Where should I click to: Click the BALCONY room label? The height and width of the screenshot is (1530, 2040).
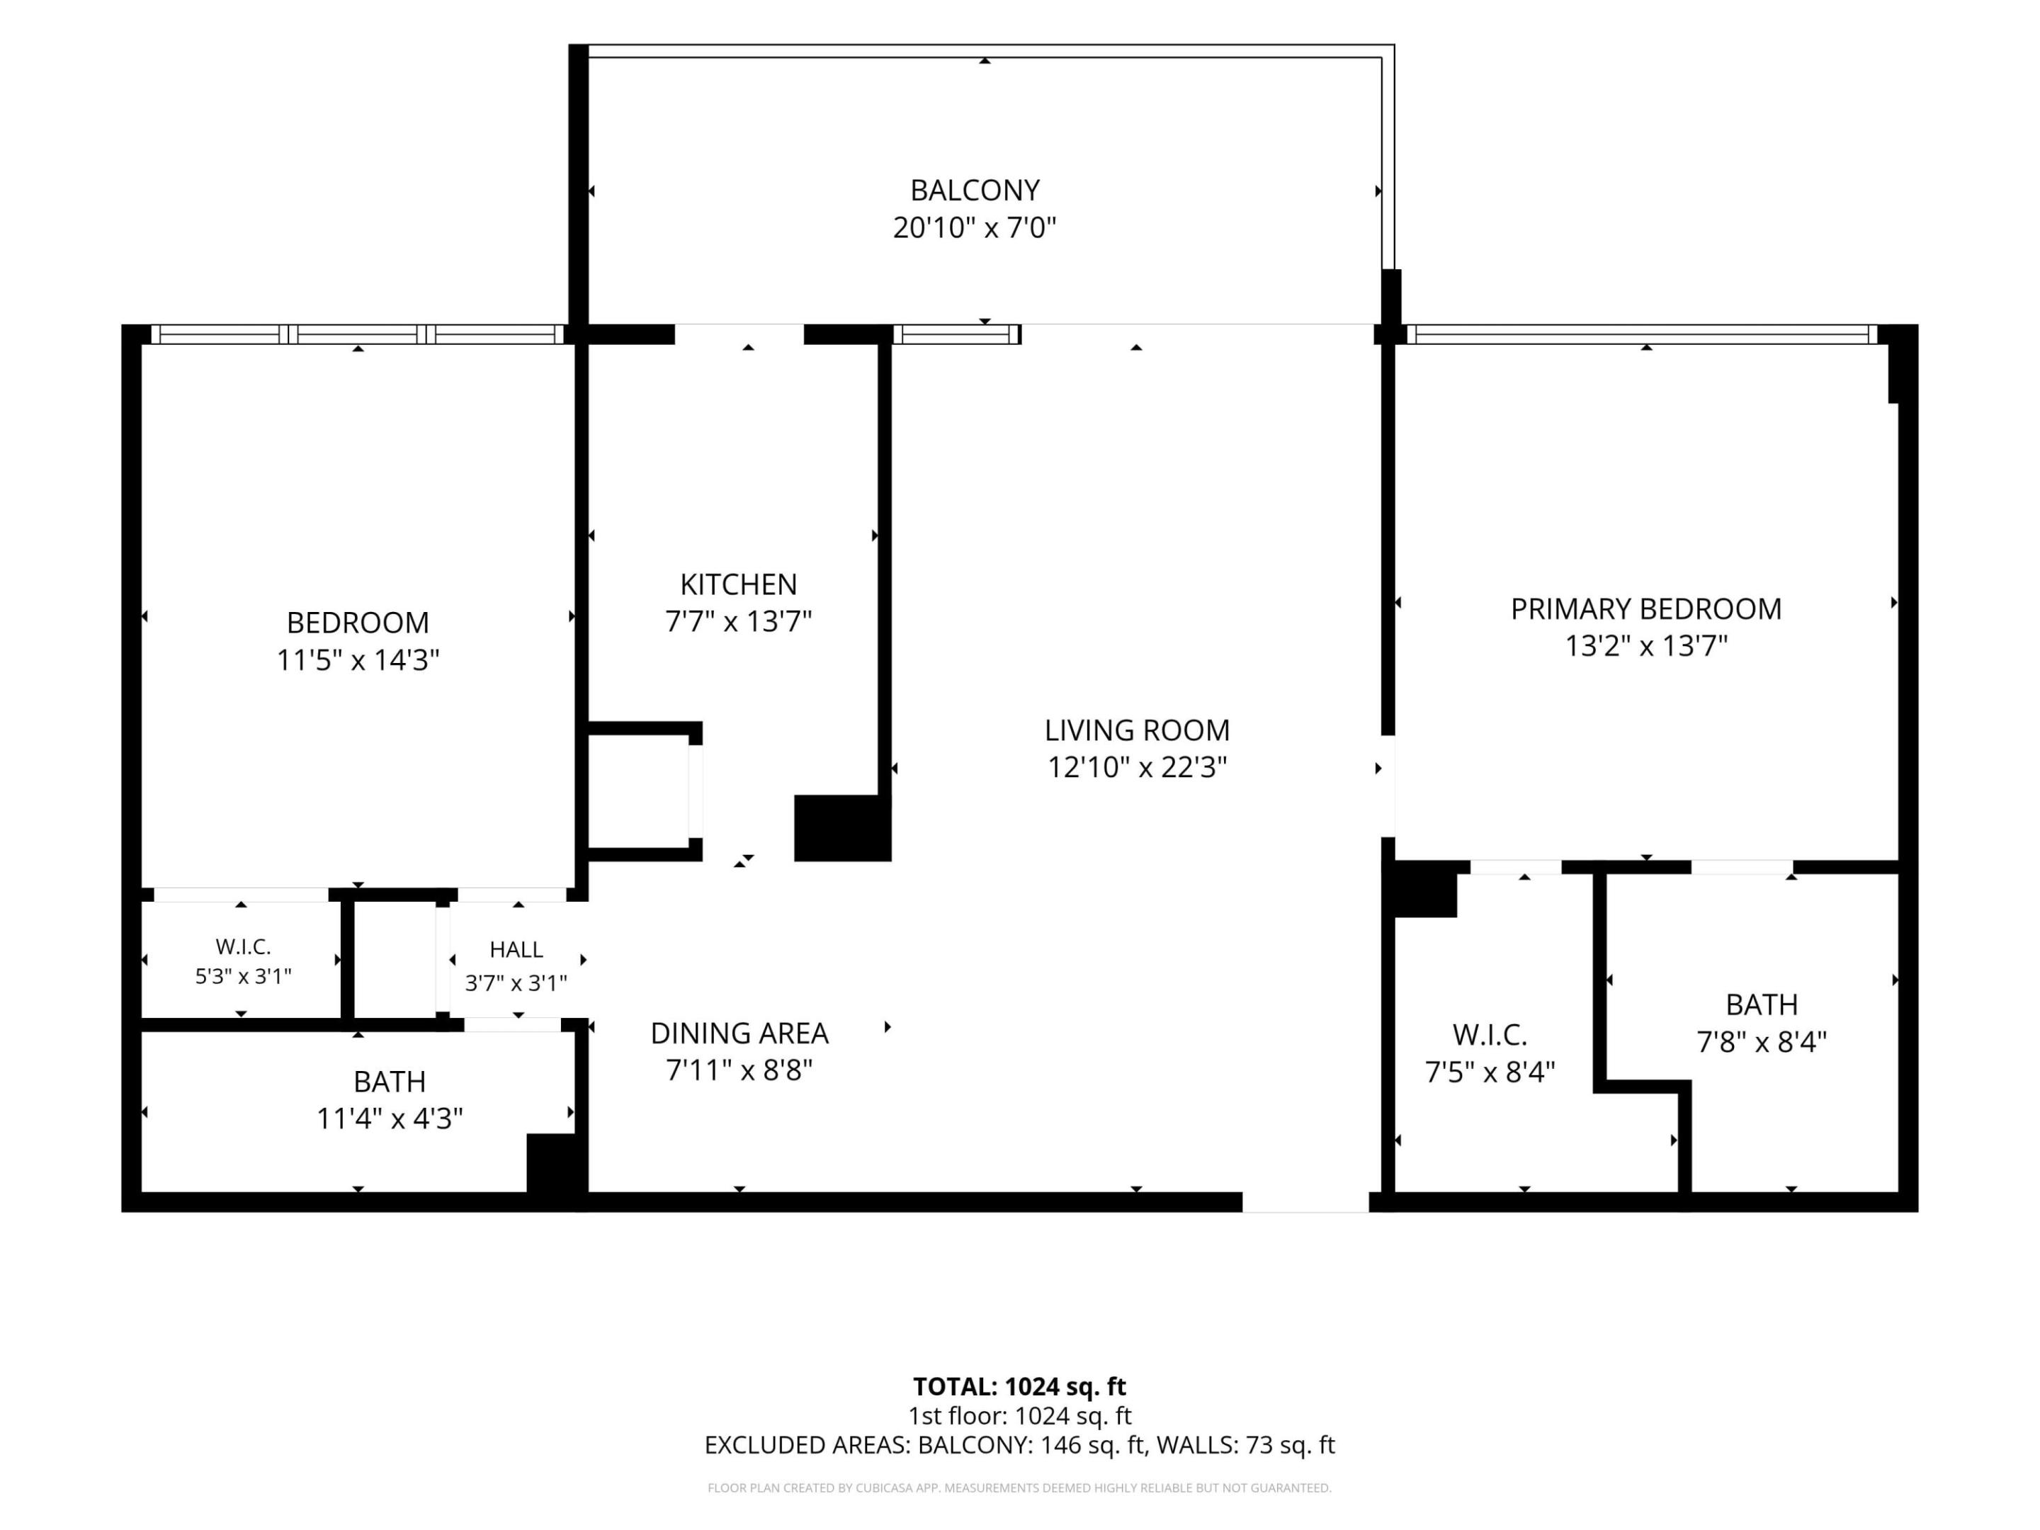pos(975,190)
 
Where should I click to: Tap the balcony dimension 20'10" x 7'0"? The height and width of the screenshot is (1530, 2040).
pos(974,227)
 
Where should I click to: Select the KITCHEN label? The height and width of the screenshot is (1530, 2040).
pos(738,584)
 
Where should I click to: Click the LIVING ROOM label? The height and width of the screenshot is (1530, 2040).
pos(1136,730)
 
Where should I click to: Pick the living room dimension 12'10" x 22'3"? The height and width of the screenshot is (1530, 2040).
pos(1136,767)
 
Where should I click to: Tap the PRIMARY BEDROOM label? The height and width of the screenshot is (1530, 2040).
pos(1645,608)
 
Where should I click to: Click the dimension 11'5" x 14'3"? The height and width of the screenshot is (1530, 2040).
pos(358,660)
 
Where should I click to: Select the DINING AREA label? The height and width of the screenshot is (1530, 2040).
pos(739,1033)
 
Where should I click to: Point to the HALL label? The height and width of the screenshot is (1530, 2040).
pos(516,949)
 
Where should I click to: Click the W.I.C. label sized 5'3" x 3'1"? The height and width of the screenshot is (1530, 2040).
pos(242,946)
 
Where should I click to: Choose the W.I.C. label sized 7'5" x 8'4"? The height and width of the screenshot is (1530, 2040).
pos(1490,1035)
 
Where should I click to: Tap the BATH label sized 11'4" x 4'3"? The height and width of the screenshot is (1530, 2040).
pos(389,1081)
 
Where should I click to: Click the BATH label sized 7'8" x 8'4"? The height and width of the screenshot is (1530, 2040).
pos(1762,1004)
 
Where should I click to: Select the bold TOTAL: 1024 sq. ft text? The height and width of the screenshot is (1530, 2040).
pos(1019,1386)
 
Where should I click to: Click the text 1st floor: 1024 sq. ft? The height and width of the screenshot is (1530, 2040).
pos(1019,1416)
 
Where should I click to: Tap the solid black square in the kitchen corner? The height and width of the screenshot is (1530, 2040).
pos(842,827)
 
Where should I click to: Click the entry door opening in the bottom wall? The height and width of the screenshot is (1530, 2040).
pos(1305,1201)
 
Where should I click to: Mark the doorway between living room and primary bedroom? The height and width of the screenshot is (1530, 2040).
pos(1387,786)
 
